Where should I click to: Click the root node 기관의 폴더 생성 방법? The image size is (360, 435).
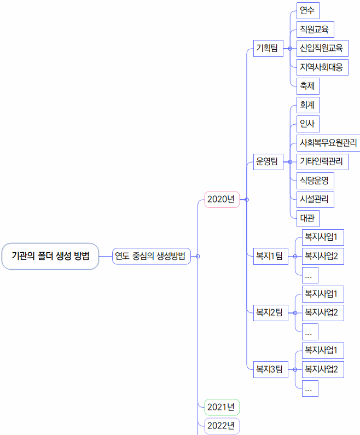coord(50,256)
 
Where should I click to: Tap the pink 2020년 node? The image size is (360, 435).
coord(222,200)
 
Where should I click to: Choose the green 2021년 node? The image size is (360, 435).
coord(222,407)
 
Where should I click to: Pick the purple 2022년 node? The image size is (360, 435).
coord(222,426)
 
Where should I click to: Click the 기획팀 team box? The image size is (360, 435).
coord(268,49)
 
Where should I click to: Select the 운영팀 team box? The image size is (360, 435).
coord(268,162)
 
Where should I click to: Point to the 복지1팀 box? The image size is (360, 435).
coord(270,256)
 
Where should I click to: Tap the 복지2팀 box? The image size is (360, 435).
coord(270,313)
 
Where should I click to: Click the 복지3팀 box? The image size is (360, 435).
coord(270,370)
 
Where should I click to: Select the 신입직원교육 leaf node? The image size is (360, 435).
coord(322,49)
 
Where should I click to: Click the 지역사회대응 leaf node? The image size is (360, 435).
coord(322,67)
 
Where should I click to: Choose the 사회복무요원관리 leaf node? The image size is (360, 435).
coord(328,143)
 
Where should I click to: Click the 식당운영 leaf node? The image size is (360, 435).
coord(315,181)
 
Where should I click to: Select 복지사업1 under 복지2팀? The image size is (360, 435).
coord(323,294)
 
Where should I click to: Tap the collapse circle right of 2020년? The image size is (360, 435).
coord(247,200)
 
